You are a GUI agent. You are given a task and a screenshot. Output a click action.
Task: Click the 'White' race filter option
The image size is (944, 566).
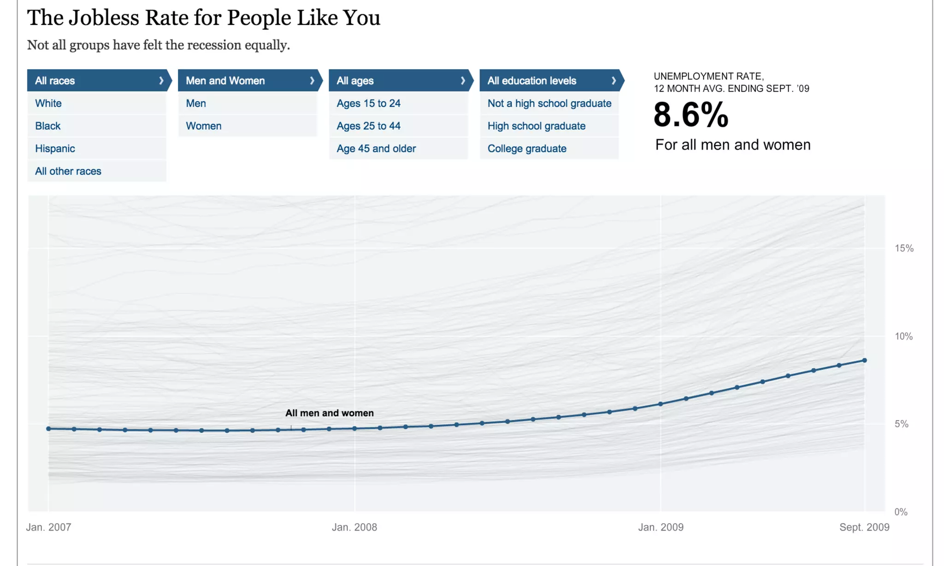click(x=48, y=103)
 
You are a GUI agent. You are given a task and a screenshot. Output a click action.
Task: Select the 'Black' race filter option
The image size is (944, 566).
click(x=48, y=126)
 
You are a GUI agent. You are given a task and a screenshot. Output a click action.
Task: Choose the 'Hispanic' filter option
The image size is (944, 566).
click(x=55, y=148)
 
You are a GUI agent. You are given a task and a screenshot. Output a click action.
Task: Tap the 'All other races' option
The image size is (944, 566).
click(x=68, y=171)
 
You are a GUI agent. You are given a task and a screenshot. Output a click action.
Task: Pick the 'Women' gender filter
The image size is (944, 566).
click(x=203, y=126)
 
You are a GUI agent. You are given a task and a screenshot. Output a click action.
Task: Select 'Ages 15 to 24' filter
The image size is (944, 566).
click(x=368, y=103)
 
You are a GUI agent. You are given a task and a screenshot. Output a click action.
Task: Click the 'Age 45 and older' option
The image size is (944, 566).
click(x=376, y=148)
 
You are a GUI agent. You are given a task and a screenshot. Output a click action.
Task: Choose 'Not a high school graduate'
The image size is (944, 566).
click(x=549, y=103)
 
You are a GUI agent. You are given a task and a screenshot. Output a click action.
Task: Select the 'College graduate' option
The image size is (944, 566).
click(x=527, y=148)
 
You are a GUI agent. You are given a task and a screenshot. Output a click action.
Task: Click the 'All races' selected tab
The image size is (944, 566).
click(x=97, y=81)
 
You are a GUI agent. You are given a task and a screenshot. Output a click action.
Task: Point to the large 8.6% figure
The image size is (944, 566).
click(x=690, y=115)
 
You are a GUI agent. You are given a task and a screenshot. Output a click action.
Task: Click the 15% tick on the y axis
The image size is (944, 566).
click(x=904, y=248)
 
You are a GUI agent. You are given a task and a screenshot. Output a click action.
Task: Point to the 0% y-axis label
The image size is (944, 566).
click(x=901, y=512)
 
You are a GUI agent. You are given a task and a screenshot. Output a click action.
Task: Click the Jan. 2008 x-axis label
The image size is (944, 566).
click(x=354, y=527)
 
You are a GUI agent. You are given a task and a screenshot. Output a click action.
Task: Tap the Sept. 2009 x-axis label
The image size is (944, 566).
click(x=864, y=527)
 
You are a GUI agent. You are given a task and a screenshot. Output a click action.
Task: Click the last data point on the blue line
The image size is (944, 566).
click(x=865, y=360)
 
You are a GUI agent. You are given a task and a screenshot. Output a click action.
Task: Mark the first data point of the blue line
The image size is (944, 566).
click(x=48, y=429)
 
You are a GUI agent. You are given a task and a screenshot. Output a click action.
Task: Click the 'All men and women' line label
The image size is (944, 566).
click(x=330, y=413)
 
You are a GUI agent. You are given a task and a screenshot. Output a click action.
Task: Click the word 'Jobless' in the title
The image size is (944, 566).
click(x=104, y=18)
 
